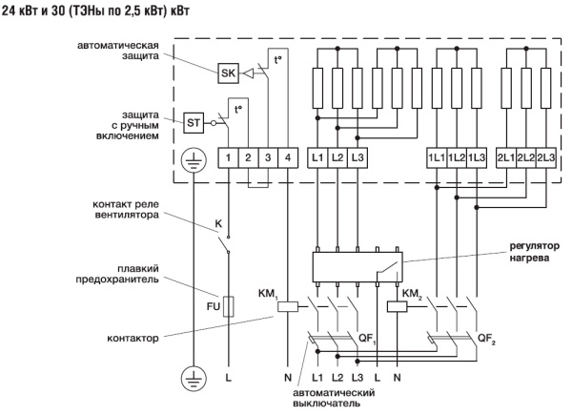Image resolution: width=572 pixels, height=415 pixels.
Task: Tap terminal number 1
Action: point(229,156)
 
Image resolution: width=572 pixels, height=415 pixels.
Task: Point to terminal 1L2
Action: point(456,156)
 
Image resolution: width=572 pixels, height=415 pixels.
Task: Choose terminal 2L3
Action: point(545,156)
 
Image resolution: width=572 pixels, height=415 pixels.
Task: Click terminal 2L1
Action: point(505,156)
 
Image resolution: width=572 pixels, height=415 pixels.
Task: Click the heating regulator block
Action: point(357,264)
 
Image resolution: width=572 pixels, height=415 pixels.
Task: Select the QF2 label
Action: point(485,337)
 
